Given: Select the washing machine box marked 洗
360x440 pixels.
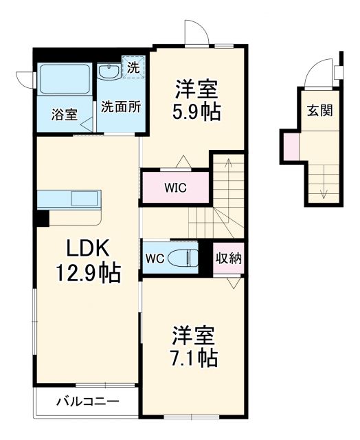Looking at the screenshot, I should tap(133, 67).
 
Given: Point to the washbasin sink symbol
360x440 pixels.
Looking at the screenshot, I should tap(109, 72).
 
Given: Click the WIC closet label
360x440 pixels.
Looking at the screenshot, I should tap(175, 186).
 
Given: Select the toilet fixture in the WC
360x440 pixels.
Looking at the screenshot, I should tap(186, 258).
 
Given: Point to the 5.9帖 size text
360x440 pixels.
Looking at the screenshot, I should tap(197, 112).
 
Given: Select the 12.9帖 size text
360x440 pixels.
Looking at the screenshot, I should tap(87, 274).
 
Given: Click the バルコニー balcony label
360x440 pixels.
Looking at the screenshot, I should tap(87, 401).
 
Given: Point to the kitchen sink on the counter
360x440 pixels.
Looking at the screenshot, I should tap(85, 199).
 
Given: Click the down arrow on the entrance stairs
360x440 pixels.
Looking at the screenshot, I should tap(324, 186).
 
